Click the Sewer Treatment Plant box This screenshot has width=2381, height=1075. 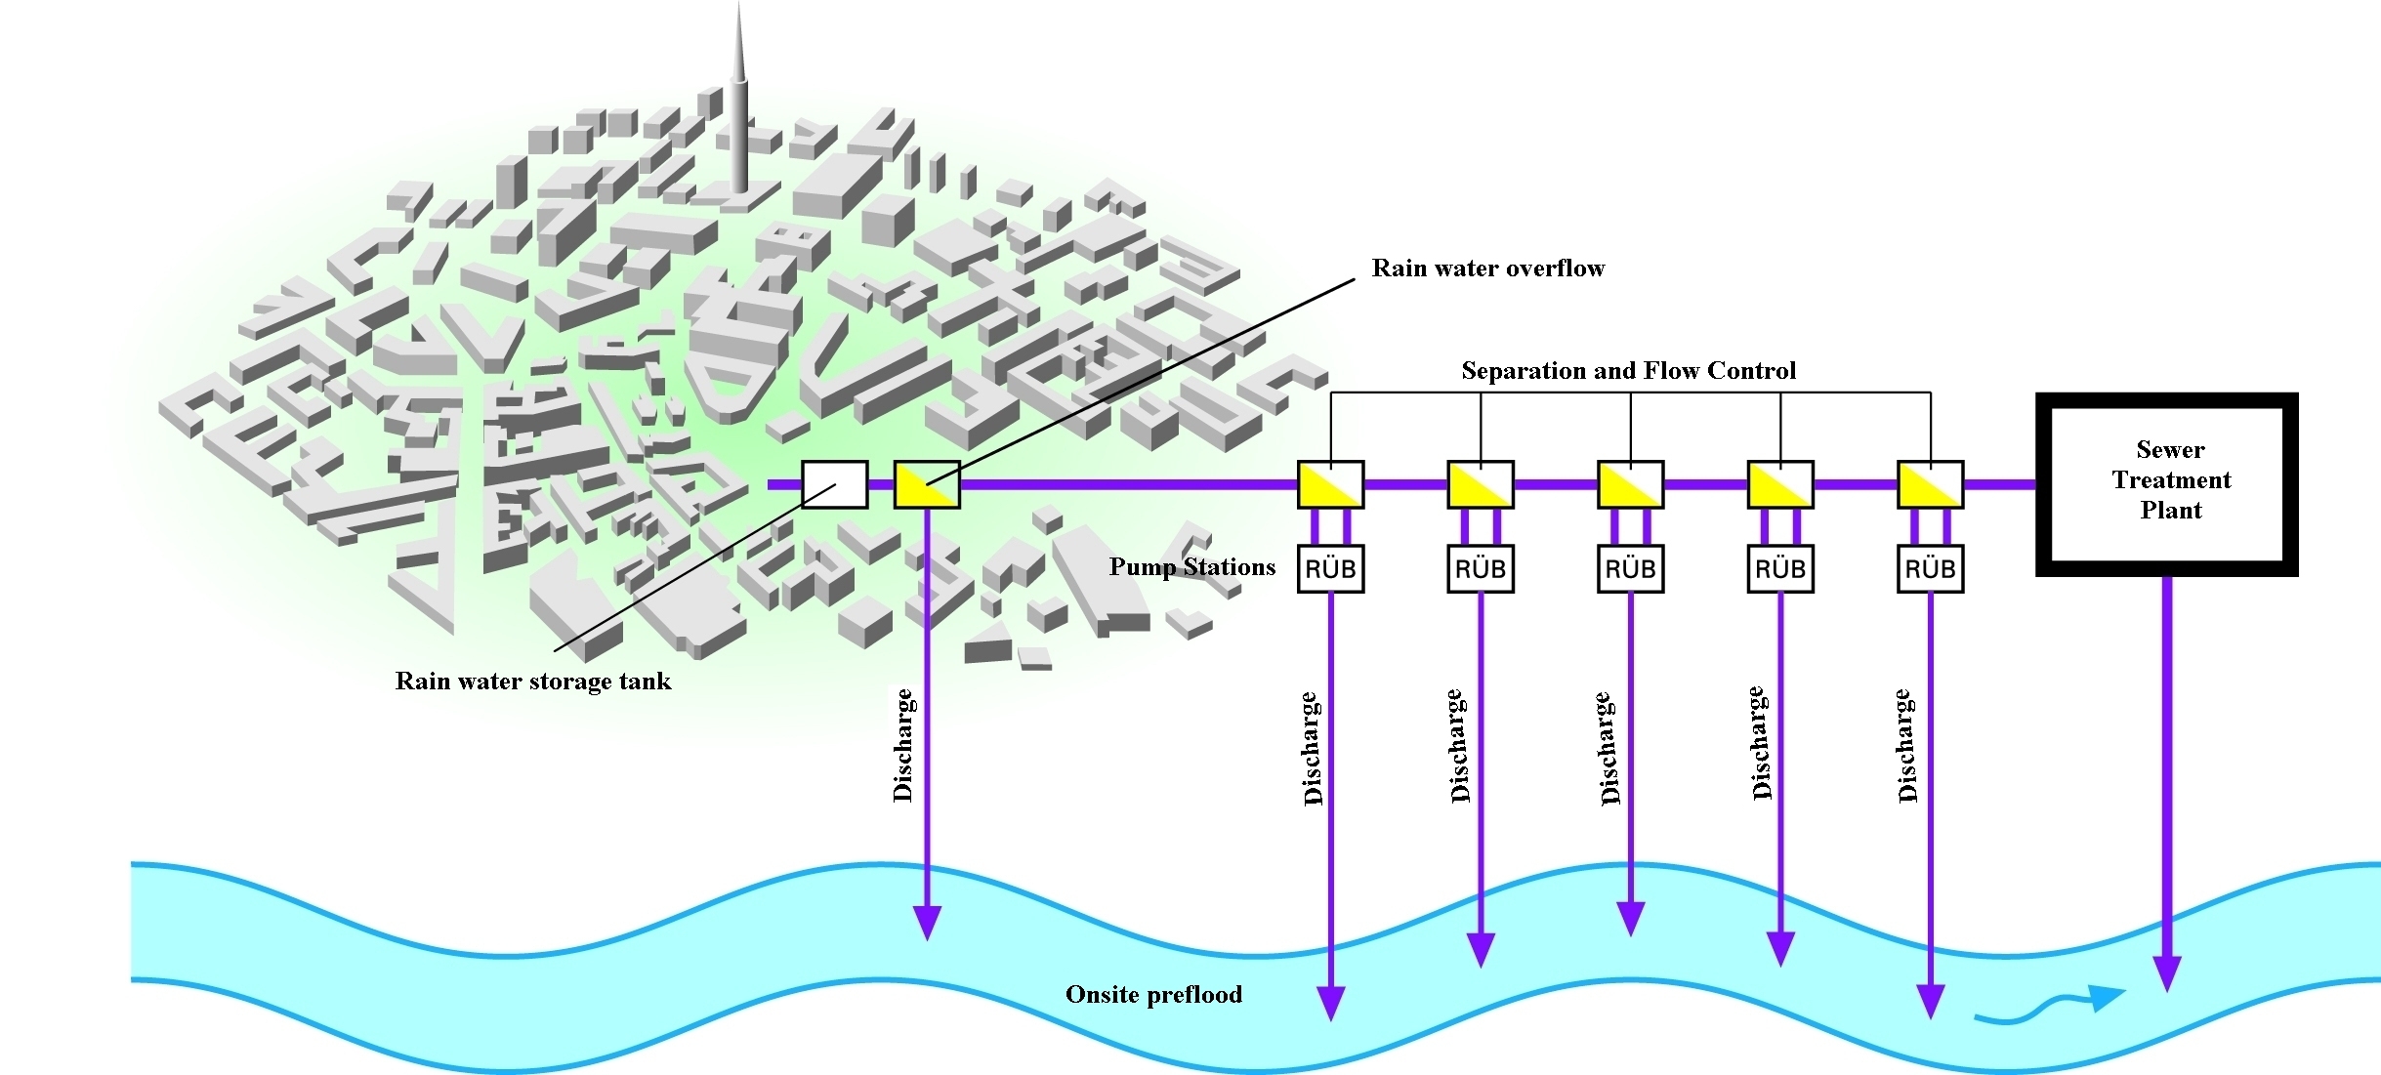click(2166, 483)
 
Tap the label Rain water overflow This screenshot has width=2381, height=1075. click(1487, 269)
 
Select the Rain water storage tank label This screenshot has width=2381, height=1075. click(532, 681)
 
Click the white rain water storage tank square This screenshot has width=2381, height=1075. click(834, 484)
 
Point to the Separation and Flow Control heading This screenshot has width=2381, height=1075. click(1628, 371)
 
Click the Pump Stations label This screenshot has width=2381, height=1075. click(1191, 567)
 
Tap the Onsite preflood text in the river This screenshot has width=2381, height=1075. click(1153, 995)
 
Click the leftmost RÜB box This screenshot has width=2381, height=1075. click(1330, 568)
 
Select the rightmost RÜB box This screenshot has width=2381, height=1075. click(1930, 568)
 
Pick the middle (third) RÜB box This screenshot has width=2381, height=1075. click(1630, 568)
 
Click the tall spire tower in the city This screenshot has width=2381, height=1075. click(739, 107)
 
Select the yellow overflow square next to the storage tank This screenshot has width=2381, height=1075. click(927, 484)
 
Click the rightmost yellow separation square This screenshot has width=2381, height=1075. click(1930, 484)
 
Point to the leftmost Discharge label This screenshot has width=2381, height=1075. click(903, 745)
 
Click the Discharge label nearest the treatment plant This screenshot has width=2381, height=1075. click(1906, 745)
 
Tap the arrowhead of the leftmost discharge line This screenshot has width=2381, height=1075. click(926, 922)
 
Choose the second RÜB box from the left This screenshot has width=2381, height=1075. click(1481, 568)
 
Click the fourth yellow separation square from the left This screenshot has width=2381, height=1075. click(1780, 484)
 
